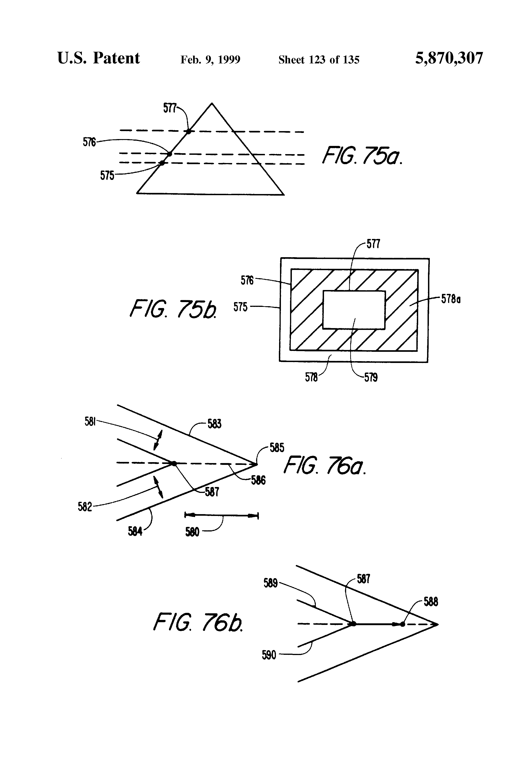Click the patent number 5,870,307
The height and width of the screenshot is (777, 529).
coord(449,58)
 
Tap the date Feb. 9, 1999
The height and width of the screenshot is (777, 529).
coord(210,60)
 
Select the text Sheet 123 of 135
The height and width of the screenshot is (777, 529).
coord(319,60)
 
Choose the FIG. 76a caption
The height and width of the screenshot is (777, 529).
coord(325,465)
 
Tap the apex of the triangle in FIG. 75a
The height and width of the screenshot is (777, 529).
coord(212,103)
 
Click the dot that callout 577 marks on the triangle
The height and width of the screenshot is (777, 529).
coord(189,131)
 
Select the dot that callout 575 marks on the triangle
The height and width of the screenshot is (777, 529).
coord(162,163)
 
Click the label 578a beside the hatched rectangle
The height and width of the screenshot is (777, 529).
coord(451,299)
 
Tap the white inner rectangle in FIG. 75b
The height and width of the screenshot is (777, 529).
coord(354,310)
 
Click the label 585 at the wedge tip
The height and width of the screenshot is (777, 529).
coord(277,447)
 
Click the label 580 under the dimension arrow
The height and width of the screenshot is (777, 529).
coord(192,532)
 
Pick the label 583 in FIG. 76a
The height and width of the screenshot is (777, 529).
coord(214,424)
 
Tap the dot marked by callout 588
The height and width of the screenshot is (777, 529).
coord(403,624)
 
